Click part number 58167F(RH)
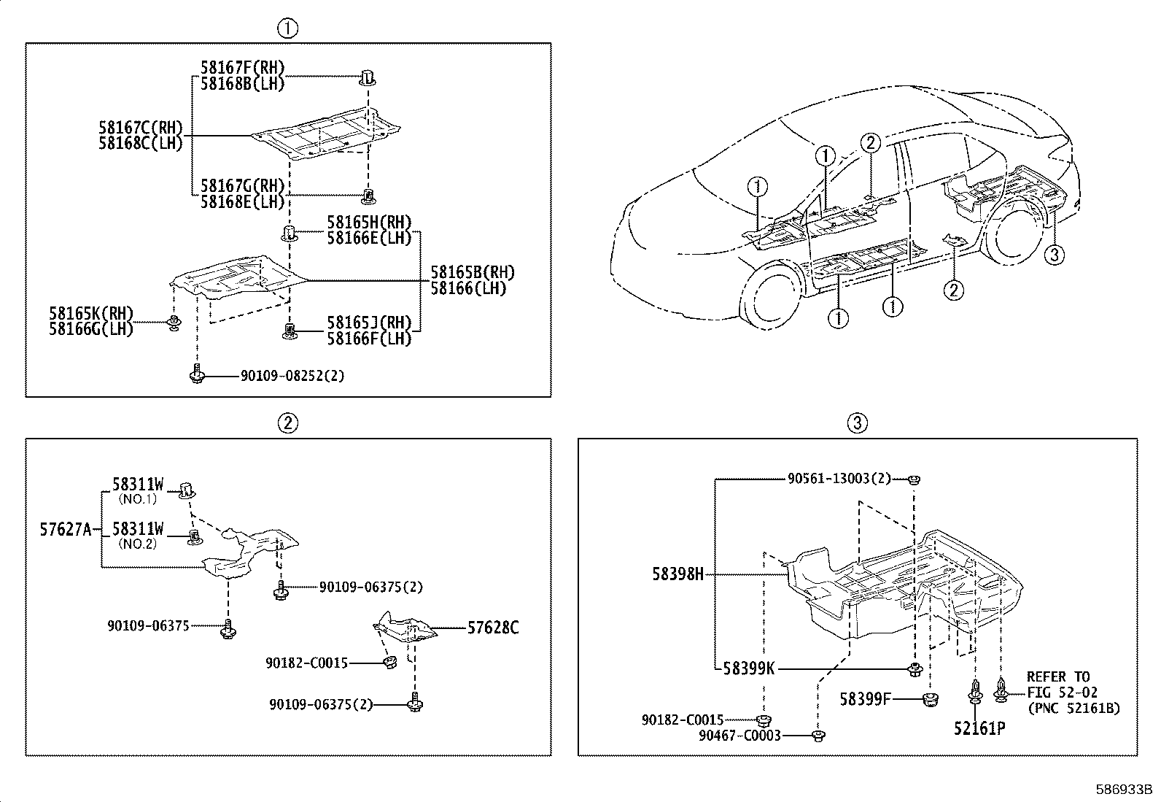pos(242,68)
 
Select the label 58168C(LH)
pos(140,143)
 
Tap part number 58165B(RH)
pos(472,273)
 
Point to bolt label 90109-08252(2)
pos(292,376)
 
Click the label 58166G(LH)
pos(91,329)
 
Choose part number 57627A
pos(66,529)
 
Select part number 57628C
pos(493,627)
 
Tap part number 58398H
pos(678,574)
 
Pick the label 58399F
pos(865,699)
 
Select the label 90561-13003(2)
pos(839,479)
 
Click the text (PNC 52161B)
pos(1073,708)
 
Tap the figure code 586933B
pos(1124,790)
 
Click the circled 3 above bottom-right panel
pos(858,423)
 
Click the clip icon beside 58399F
pos(930,700)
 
